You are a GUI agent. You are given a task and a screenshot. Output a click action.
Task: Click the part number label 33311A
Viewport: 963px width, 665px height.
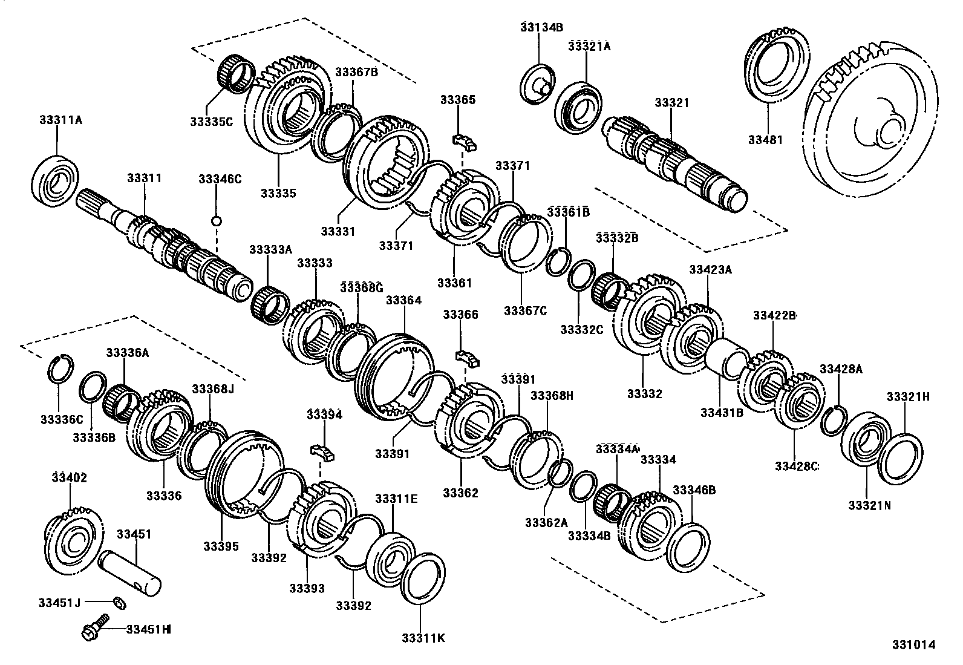(x=60, y=120)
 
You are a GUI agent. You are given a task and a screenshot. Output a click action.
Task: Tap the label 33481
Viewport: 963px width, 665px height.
(x=765, y=140)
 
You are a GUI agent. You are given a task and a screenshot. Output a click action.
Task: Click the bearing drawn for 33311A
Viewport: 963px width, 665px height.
(x=55, y=180)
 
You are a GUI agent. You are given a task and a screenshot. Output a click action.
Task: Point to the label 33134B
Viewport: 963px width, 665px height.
(x=541, y=27)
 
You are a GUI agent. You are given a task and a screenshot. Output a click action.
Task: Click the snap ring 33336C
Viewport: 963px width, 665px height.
(x=60, y=367)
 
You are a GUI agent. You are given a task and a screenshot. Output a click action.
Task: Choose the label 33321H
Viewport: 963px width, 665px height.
(x=908, y=396)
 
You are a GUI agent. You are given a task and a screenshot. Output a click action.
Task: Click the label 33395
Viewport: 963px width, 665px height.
(x=221, y=546)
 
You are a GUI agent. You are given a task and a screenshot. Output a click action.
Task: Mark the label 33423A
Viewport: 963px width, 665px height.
(x=710, y=270)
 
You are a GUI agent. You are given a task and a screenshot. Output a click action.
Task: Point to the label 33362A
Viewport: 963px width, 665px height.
(x=546, y=522)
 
